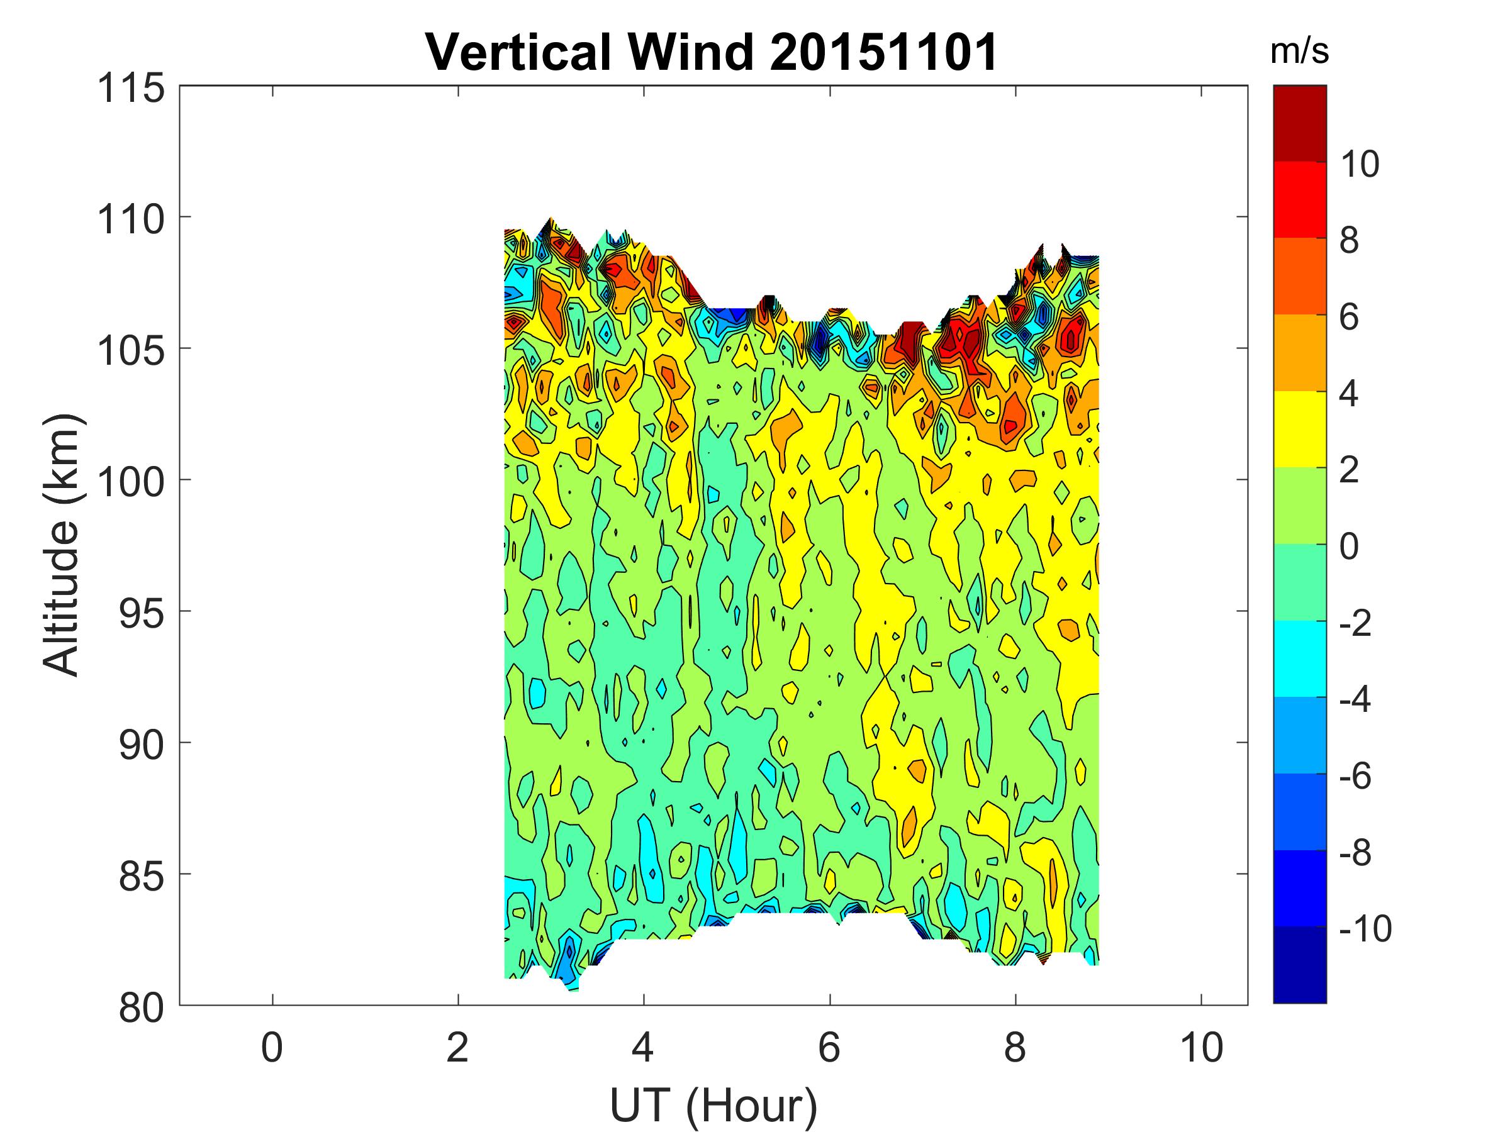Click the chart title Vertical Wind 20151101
pyautogui.click(x=712, y=52)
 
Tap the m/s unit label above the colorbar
pyautogui.click(x=1299, y=52)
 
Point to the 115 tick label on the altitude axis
pyautogui.click(x=131, y=89)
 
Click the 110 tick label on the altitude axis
pyautogui.click(x=131, y=220)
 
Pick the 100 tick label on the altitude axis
pyautogui.click(x=131, y=483)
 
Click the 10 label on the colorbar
pyautogui.click(x=1360, y=164)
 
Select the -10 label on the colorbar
pyautogui.click(x=1365, y=929)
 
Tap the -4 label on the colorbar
pyautogui.click(x=1355, y=699)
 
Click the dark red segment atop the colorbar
pyautogui.click(x=1299, y=123)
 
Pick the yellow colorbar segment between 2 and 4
pyautogui.click(x=1299, y=429)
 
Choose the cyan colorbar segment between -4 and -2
pyautogui.click(x=1299, y=658)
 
